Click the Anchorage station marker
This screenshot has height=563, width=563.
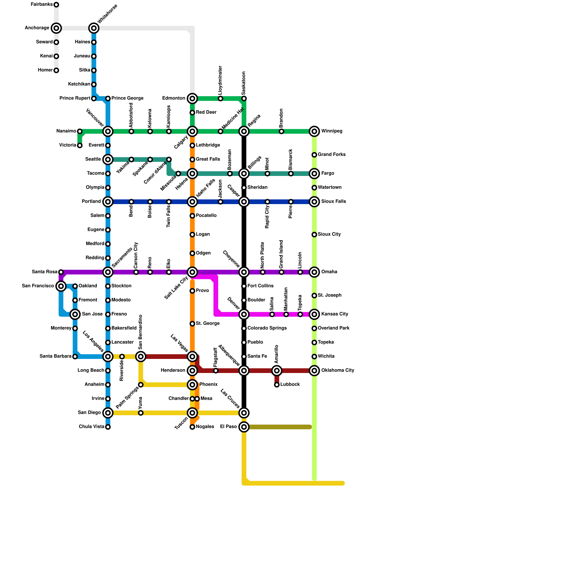click(x=56, y=28)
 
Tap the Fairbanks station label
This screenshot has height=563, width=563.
click(x=42, y=5)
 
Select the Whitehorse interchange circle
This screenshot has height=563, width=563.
click(x=94, y=28)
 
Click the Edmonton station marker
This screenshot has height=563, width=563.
click(x=192, y=99)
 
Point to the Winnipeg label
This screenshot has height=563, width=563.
click(x=331, y=131)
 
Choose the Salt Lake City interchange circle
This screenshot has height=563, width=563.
click(x=192, y=272)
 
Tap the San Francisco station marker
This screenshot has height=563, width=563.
click(x=61, y=286)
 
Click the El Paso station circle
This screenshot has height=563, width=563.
click(x=244, y=427)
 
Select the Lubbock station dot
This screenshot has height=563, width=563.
click(x=277, y=385)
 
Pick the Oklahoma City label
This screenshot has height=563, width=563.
click(x=337, y=371)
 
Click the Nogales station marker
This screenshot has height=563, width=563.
click(x=192, y=427)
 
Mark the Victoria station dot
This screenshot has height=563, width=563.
click(x=80, y=145)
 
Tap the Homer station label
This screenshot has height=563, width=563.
click(x=45, y=70)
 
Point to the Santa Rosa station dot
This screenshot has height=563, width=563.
click(x=61, y=272)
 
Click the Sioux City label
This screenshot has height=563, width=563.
click(x=329, y=234)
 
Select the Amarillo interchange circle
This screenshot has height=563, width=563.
click(x=277, y=371)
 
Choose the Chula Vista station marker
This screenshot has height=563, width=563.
click(x=108, y=427)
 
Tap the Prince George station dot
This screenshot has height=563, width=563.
click(x=108, y=99)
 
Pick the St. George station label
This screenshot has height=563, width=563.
click(x=208, y=324)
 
